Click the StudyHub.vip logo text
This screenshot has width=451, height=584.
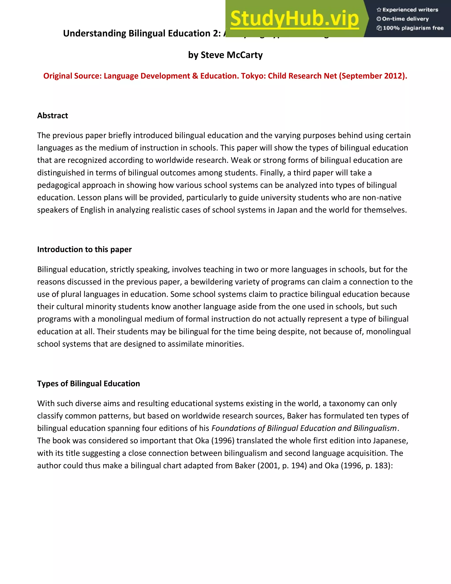(x=294, y=19)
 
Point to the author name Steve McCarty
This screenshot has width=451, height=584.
(x=231, y=55)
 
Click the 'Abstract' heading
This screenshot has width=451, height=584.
(x=53, y=115)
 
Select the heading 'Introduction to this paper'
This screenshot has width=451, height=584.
(x=84, y=249)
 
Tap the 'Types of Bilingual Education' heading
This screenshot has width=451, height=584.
(x=89, y=383)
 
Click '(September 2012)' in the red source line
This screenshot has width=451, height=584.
(x=373, y=76)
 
